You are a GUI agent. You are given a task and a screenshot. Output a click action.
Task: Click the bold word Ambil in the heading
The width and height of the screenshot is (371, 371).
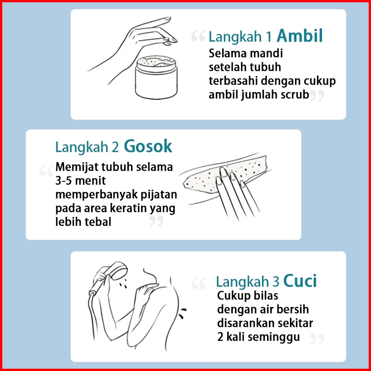[300, 36]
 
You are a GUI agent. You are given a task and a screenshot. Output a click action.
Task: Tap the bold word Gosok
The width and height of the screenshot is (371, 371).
[148, 146]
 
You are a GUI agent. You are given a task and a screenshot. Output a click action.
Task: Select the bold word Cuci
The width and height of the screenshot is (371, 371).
[300, 281]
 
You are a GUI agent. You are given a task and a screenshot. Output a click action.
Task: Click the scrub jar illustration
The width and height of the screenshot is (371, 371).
[156, 77]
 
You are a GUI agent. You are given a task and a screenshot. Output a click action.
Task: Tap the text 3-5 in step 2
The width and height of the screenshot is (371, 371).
[63, 181]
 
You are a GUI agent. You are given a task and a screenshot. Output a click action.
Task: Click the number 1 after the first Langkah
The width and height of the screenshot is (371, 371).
[268, 37]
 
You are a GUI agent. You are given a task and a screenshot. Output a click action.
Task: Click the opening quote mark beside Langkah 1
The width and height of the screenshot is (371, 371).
[198, 36]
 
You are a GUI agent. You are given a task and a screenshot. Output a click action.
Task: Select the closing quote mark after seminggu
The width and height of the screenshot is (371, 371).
[317, 339]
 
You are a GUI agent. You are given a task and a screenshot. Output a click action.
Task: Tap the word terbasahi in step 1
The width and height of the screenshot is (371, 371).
[233, 81]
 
